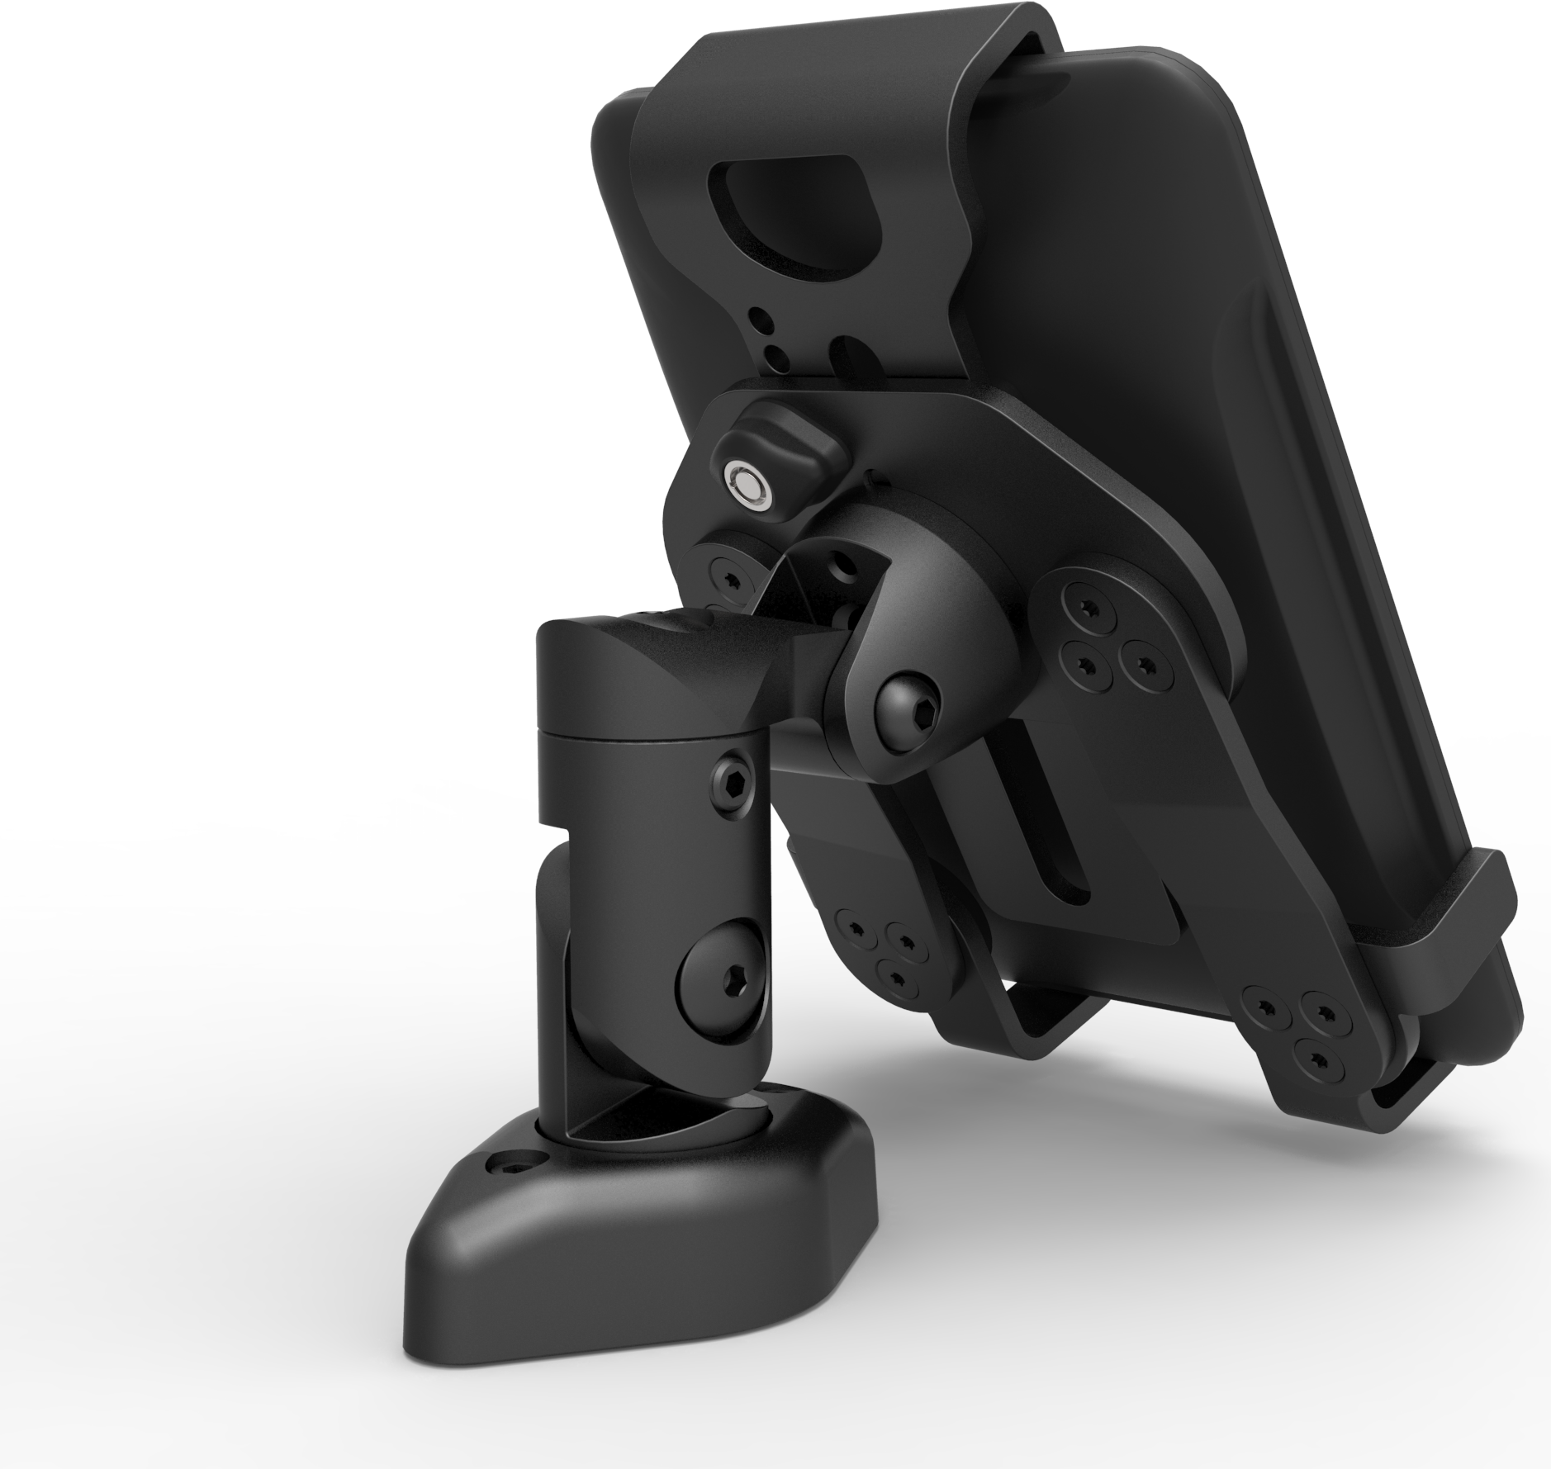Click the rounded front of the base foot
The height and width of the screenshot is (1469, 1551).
[479, 1329]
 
